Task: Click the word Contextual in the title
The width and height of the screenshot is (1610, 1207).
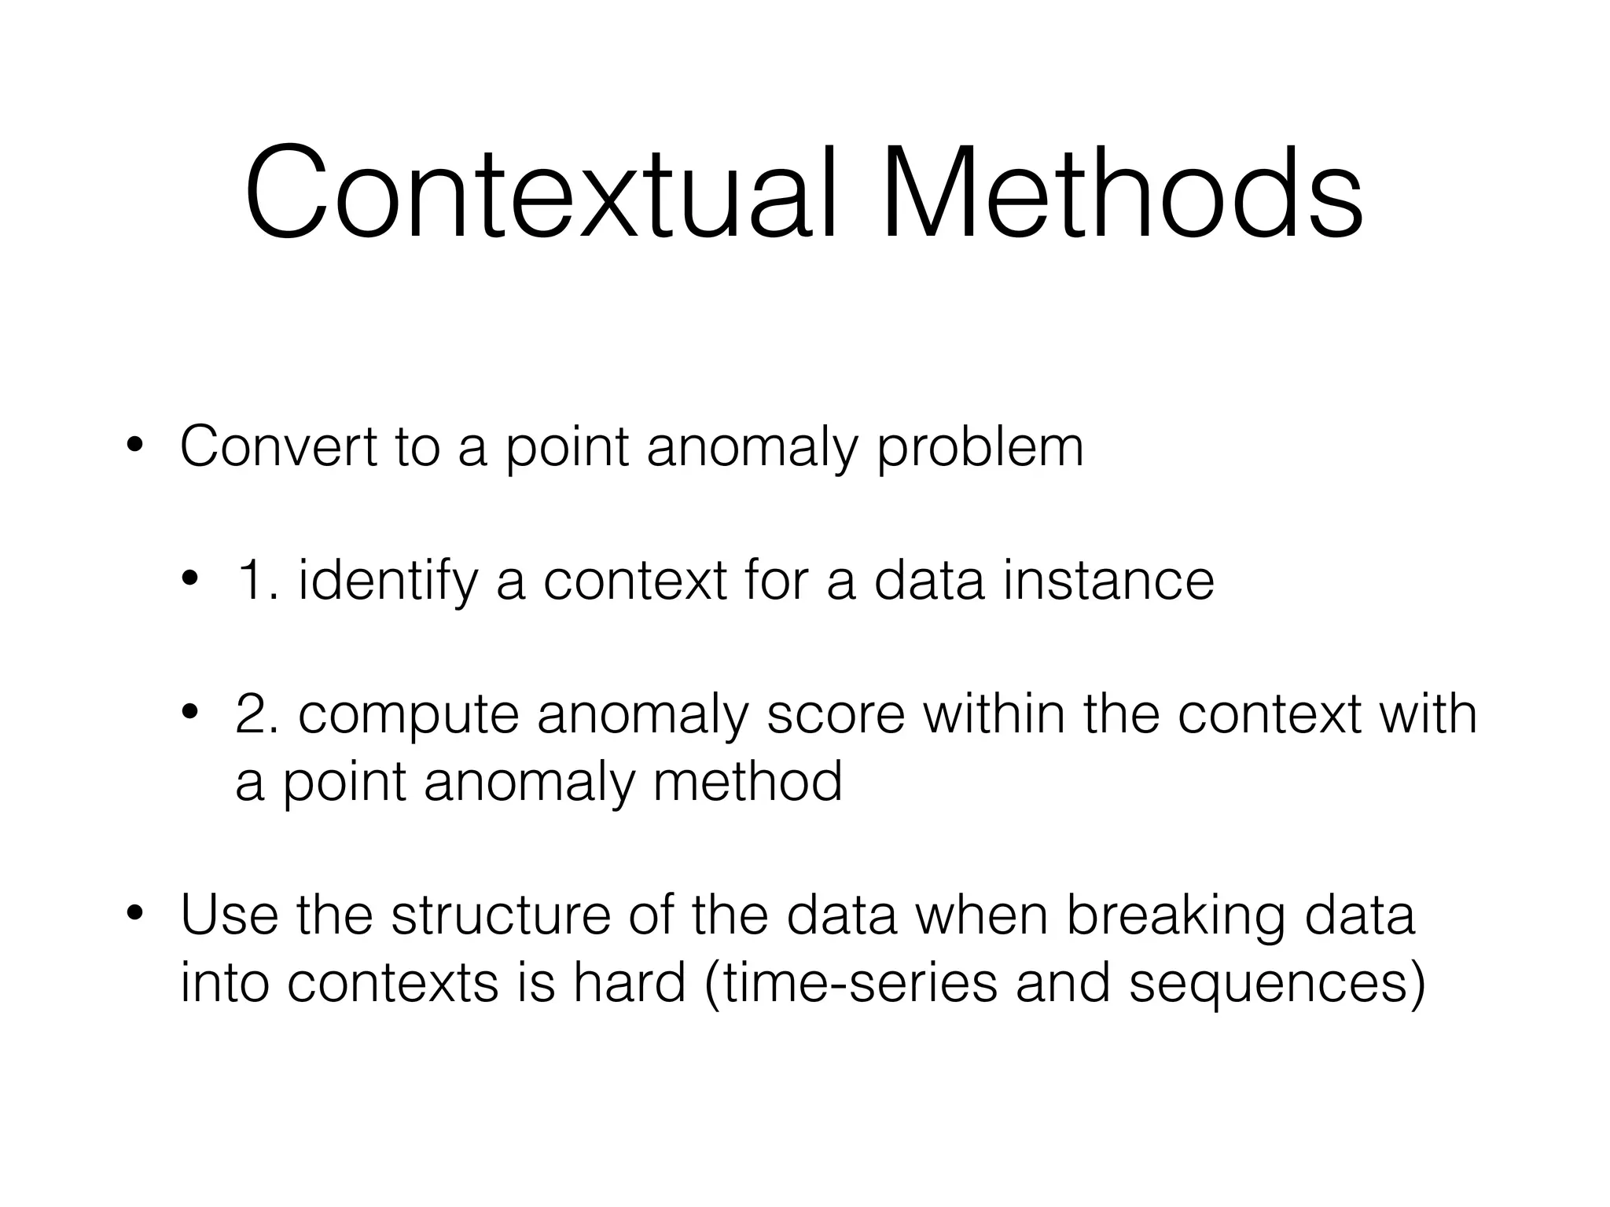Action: click(542, 193)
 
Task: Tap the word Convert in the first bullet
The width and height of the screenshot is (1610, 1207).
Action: click(278, 446)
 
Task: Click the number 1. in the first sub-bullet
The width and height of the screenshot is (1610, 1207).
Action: click(257, 581)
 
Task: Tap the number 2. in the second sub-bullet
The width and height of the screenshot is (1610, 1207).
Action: click(257, 714)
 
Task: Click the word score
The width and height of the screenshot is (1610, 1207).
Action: click(835, 714)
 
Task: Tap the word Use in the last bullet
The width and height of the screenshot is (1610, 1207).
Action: click(229, 915)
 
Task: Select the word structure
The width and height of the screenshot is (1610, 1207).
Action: click(500, 915)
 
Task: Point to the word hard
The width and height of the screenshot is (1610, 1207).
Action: click(629, 982)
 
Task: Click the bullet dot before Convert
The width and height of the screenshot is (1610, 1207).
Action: click(135, 446)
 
